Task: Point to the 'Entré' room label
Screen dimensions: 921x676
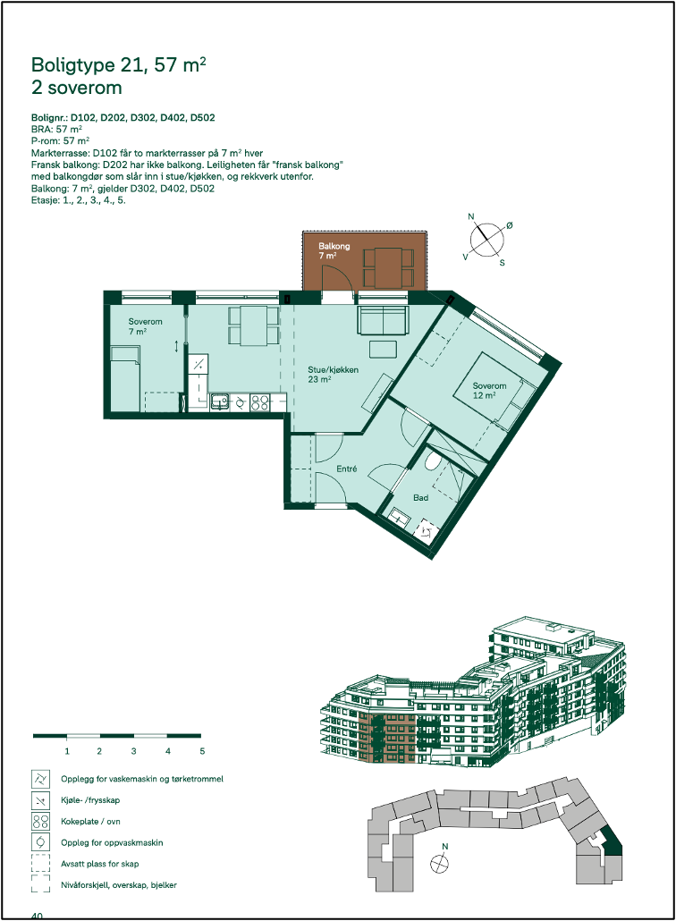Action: click(x=347, y=469)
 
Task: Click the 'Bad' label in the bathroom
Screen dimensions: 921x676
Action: click(x=420, y=497)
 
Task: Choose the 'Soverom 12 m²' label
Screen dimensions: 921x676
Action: click(x=490, y=391)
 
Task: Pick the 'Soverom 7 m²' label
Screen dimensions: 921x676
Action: click(x=144, y=326)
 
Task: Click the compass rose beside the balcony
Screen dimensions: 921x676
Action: click(x=486, y=239)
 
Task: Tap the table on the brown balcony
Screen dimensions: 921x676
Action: click(x=388, y=266)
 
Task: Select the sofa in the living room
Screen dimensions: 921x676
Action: click(x=384, y=319)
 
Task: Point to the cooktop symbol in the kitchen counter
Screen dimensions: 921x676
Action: click(x=260, y=403)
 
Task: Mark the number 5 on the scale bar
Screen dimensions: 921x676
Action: click(x=202, y=750)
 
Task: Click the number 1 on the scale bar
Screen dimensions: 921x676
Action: click(x=67, y=750)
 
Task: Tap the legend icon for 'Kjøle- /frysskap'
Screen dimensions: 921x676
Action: click(x=40, y=800)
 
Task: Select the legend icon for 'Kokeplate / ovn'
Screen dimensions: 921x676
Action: click(x=40, y=822)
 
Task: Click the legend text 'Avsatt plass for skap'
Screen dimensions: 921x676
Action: click(x=100, y=864)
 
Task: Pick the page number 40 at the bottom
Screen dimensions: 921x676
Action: click(x=38, y=916)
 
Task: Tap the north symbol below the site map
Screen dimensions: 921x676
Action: click(x=439, y=862)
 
